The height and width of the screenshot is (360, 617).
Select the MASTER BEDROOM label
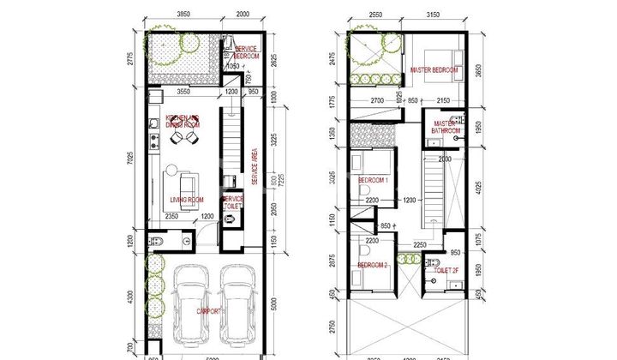click(434, 70)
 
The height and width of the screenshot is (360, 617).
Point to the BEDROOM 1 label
click(374, 181)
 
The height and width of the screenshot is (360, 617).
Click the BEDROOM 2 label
click(374, 267)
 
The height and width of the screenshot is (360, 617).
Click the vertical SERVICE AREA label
click(255, 167)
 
